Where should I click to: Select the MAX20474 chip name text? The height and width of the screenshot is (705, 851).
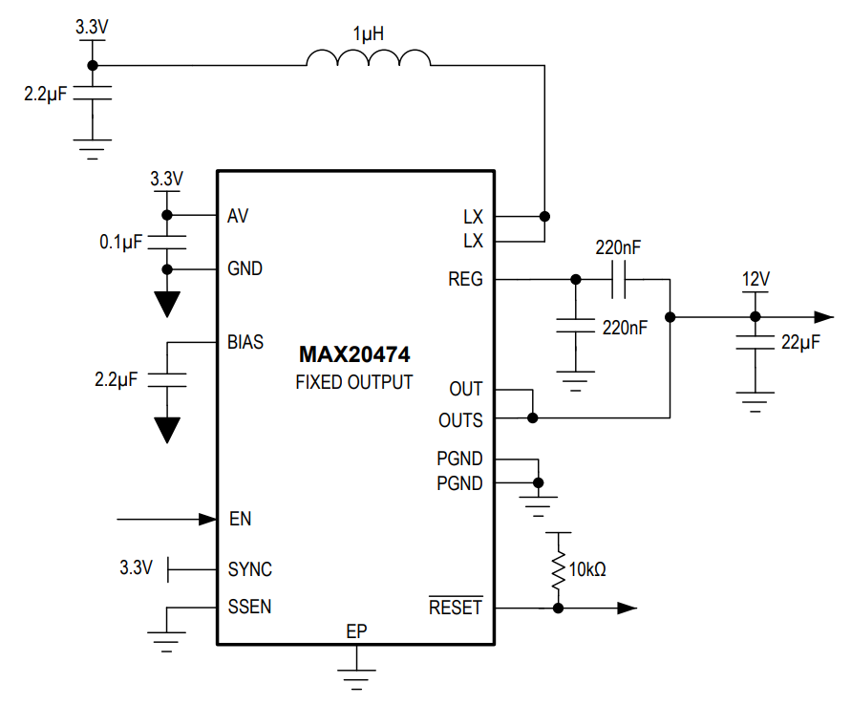click(x=354, y=355)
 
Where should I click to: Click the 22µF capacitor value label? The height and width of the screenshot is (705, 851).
click(x=800, y=341)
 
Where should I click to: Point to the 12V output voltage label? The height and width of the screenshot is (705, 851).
click(x=755, y=279)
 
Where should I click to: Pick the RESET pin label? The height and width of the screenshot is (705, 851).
click(x=456, y=608)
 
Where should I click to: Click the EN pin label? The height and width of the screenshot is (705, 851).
click(x=241, y=520)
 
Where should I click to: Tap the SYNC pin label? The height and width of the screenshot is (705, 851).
click(x=249, y=569)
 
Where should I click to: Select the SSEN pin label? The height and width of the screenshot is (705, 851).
click(x=249, y=607)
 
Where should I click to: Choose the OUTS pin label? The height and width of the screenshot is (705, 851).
click(x=460, y=420)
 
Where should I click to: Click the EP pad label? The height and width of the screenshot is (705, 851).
click(x=356, y=631)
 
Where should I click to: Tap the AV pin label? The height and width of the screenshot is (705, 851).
click(x=238, y=216)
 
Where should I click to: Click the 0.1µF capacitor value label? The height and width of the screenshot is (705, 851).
click(x=120, y=243)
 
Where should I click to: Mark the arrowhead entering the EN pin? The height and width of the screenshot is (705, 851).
click(x=207, y=520)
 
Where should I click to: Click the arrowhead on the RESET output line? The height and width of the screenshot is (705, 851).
click(x=628, y=608)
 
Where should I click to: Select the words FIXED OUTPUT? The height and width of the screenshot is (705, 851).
click(x=354, y=382)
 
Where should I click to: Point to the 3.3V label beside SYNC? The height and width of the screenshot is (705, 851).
click(x=136, y=567)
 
